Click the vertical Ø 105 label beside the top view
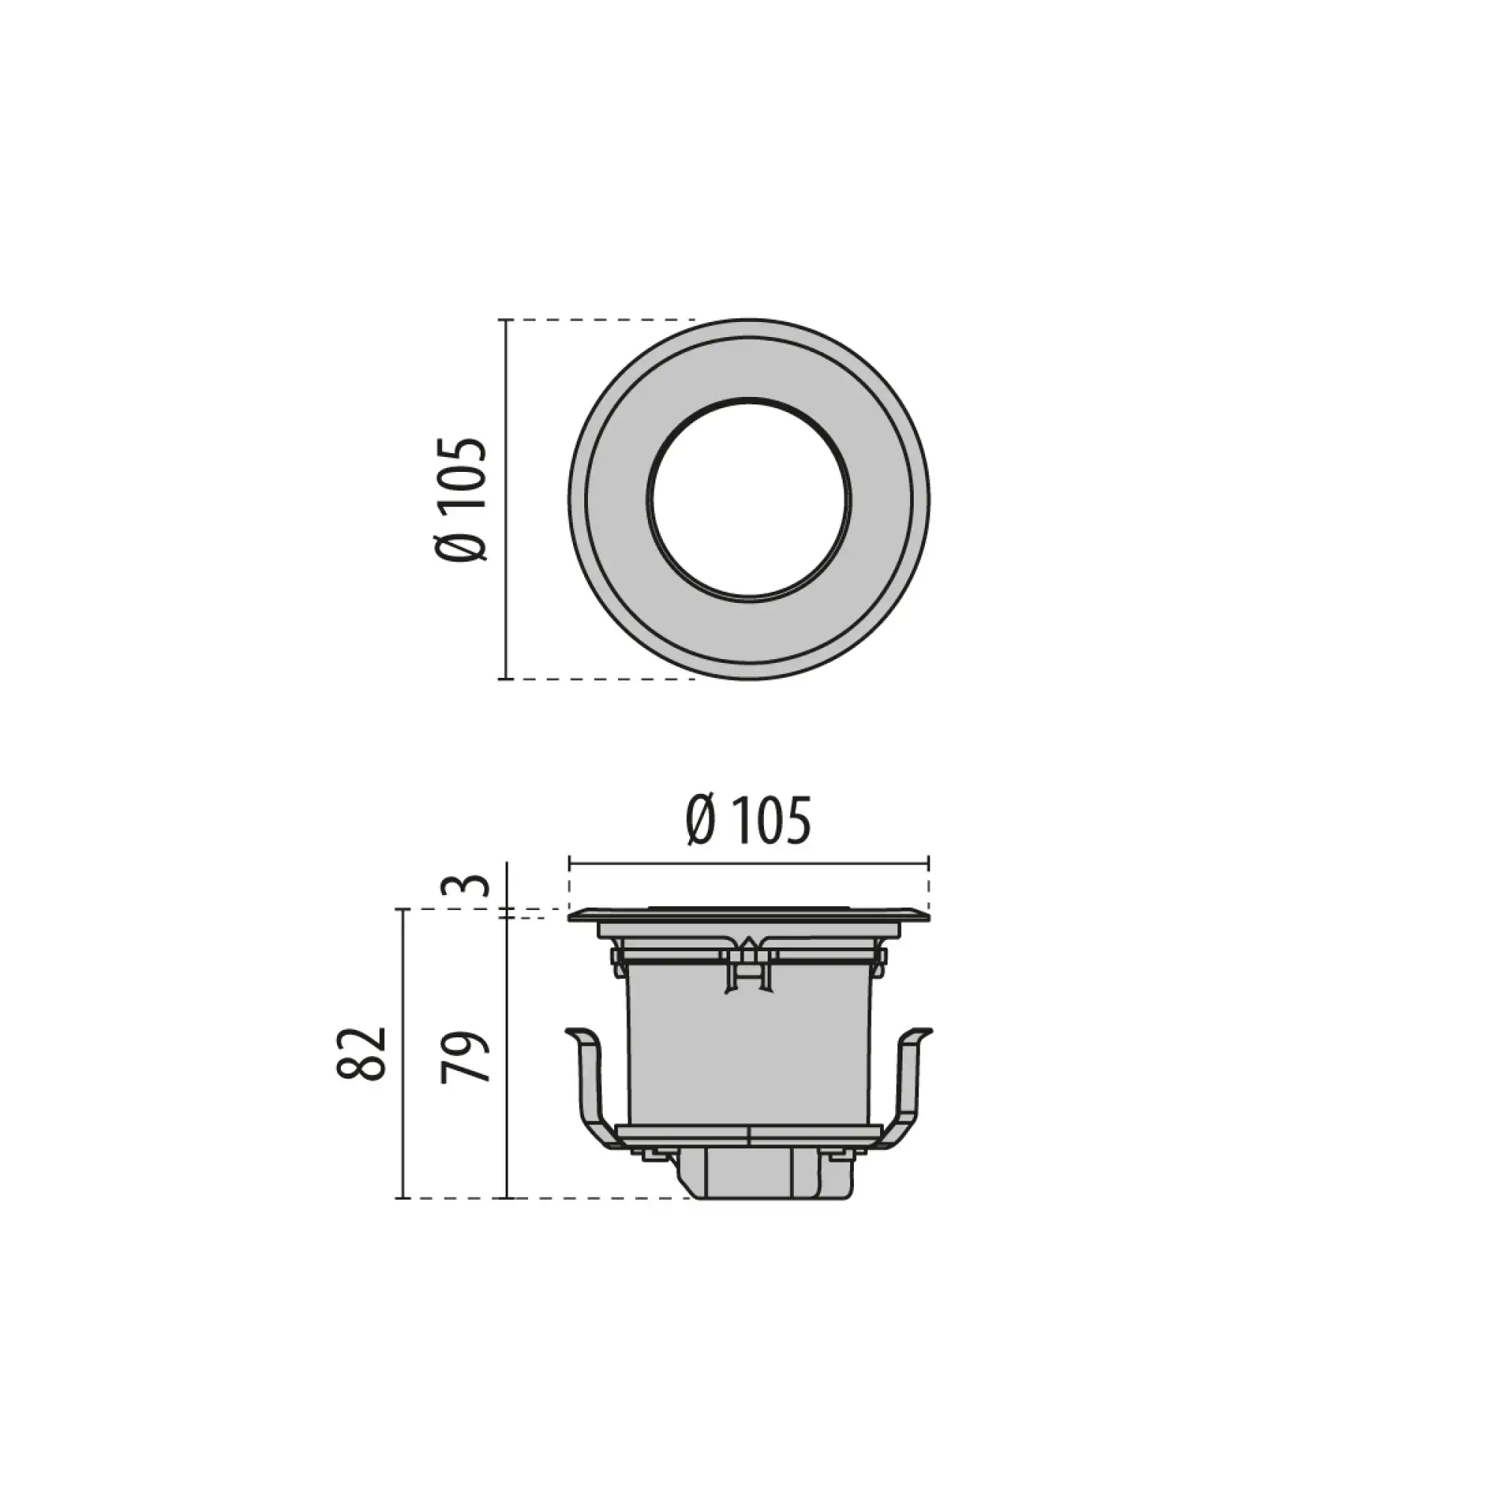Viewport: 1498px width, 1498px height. (x=463, y=500)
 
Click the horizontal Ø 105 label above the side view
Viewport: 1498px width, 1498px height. (x=748, y=820)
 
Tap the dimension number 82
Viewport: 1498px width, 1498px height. (x=362, y=1054)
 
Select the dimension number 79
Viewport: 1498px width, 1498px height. (x=466, y=1057)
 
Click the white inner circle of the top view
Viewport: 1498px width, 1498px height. (x=749, y=500)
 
